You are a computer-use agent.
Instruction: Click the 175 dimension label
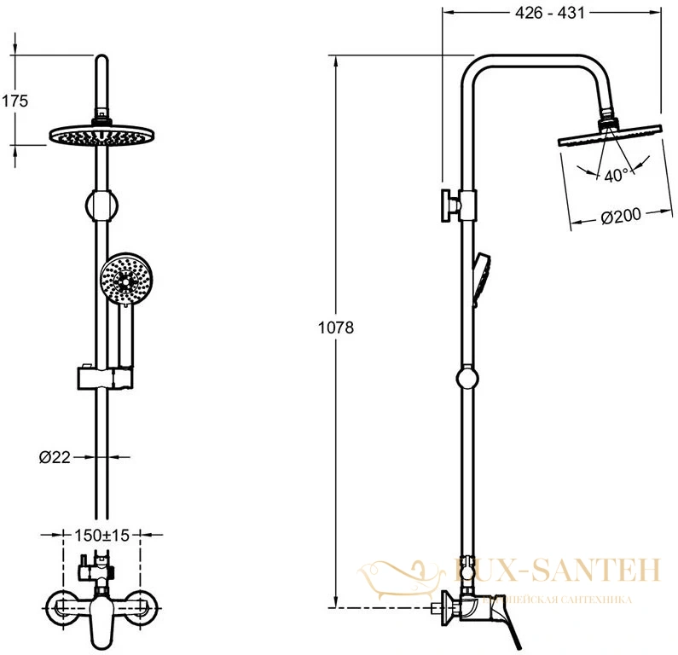(14, 101)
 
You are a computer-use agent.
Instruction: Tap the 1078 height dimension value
(336, 327)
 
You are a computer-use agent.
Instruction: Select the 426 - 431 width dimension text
(549, 13)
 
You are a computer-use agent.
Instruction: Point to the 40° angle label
(616, 176)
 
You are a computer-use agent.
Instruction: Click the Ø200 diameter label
(621, 216)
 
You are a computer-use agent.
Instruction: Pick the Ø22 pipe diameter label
(55, 457)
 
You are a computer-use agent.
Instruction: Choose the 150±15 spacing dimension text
(102, 536)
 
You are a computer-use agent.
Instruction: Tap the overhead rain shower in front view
(101, 135)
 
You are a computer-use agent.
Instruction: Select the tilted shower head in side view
(610, 136)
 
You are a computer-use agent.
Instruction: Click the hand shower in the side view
(481, 279)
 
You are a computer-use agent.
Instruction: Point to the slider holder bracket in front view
(105, 379)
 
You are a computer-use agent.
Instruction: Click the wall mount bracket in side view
(458, 206)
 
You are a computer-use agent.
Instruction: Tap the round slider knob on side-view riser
(467, 378)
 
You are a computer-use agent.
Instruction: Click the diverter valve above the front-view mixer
(96, 568)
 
